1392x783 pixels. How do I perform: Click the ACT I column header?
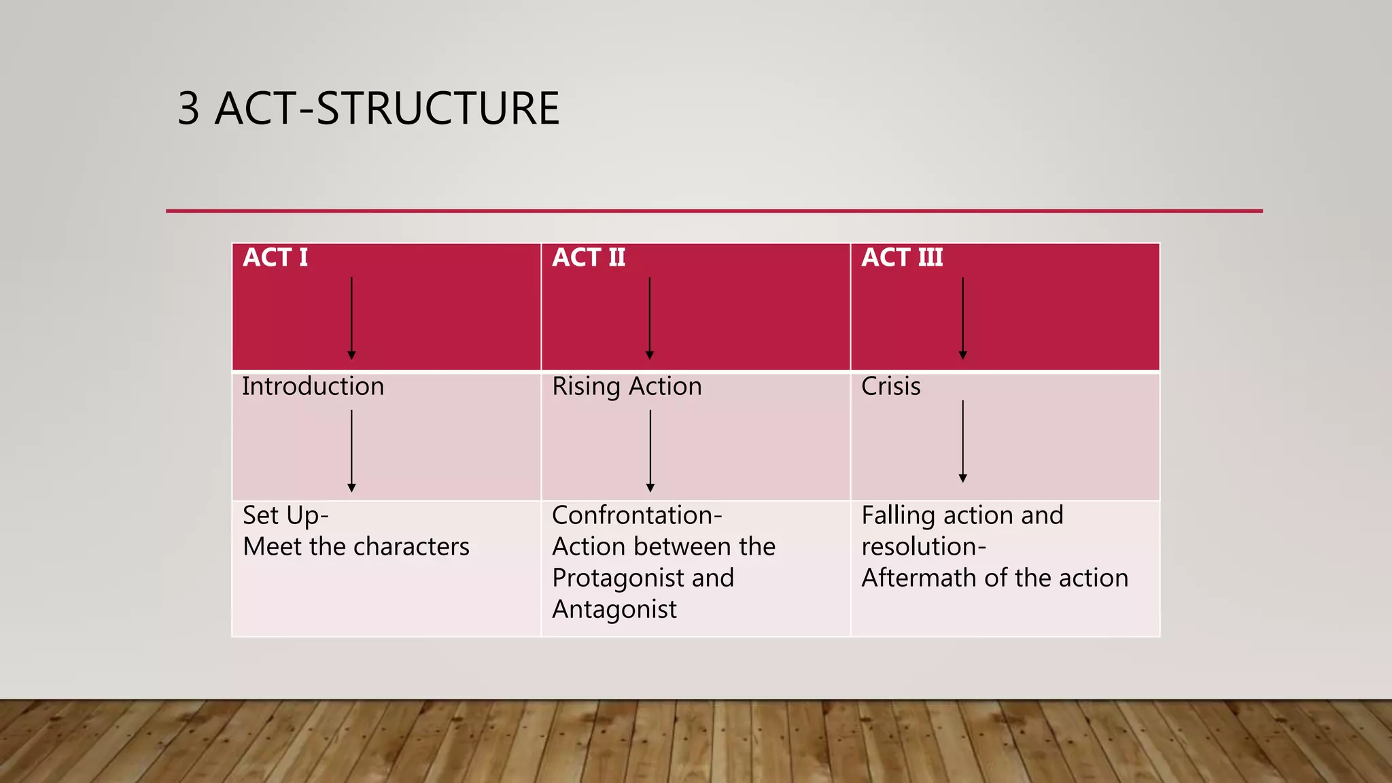pos(275,258)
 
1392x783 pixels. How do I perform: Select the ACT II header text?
pos(589,258)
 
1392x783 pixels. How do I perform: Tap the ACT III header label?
pos(902,258)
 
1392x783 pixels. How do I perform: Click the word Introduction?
pos(313,387)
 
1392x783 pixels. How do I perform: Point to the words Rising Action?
pos(627,387)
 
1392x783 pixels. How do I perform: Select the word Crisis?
pos(890,387)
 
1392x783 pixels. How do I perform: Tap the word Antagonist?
pos(614,609)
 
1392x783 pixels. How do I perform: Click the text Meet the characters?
pos(356,546)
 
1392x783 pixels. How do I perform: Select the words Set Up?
pos(282,515)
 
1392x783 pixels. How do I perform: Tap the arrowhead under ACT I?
pos(351,355)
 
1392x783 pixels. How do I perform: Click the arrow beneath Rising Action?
pos(650,451)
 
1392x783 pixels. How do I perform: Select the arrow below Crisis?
pos(962,442)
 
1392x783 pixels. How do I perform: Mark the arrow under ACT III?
pos(962,318)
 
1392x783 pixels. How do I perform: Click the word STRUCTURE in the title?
pos(438,109)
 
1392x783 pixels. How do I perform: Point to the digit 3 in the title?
pos(188,109)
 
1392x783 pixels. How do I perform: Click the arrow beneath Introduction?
pos(351,451)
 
